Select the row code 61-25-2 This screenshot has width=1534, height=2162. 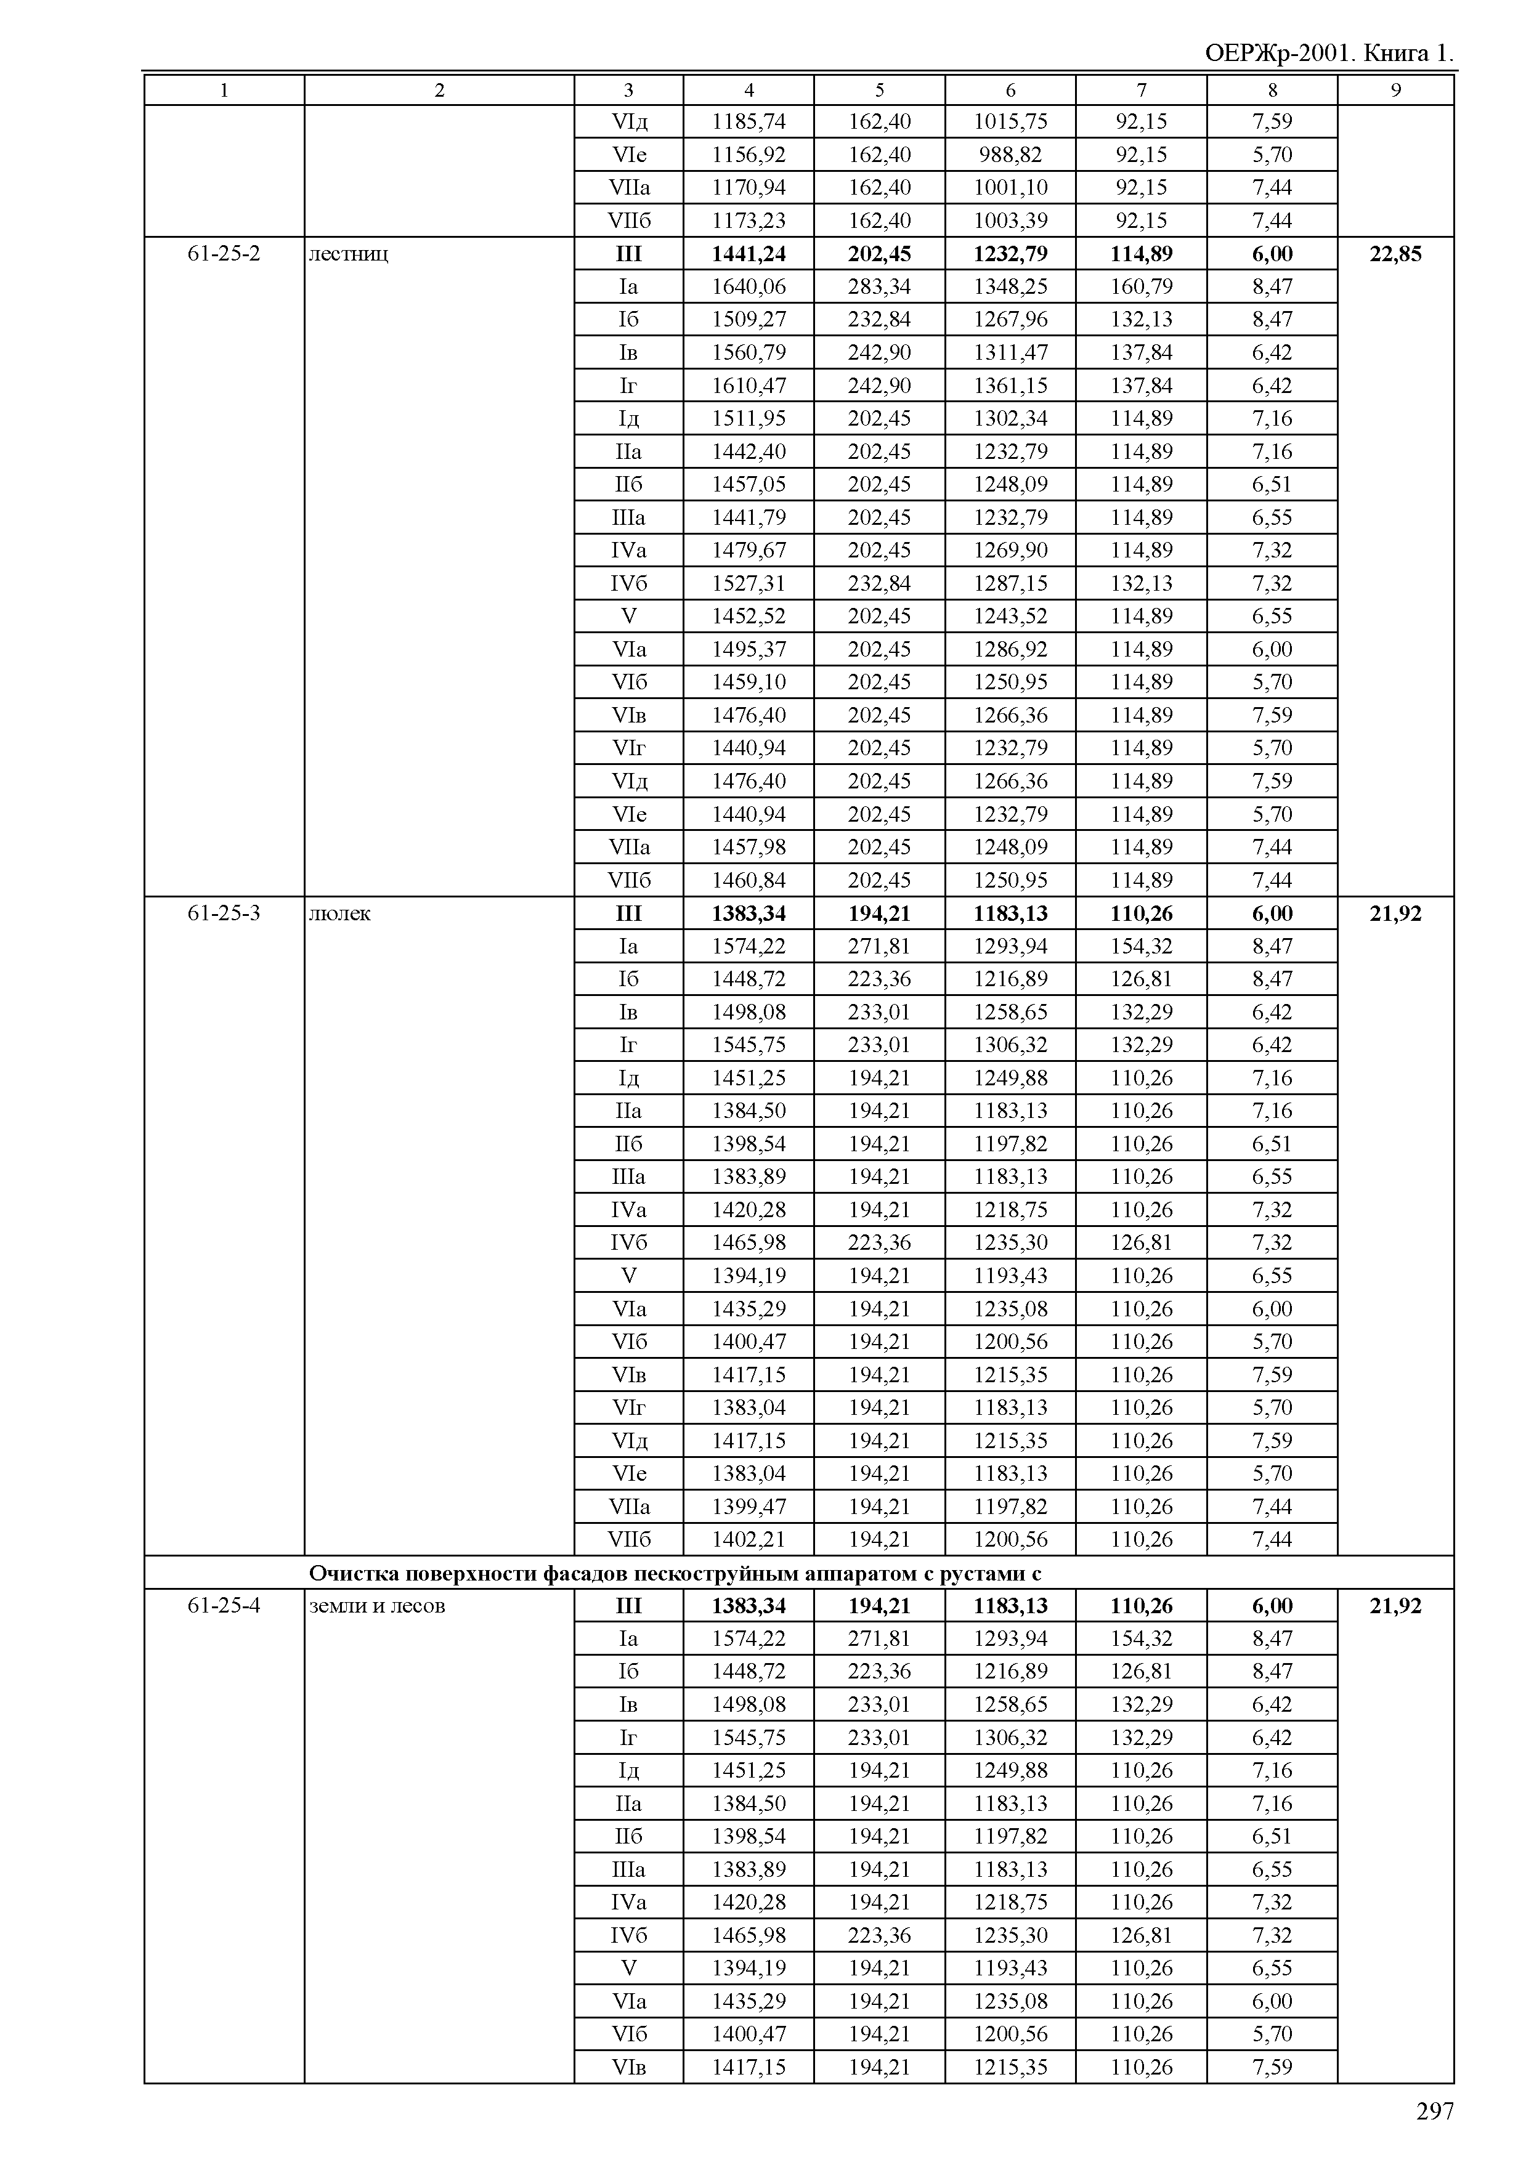(x=224, y=253)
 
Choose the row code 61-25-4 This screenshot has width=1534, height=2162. (x=224, y=1606)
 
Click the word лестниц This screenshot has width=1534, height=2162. (x=349, y=254)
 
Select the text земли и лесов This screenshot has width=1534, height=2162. (x=377, y=1606)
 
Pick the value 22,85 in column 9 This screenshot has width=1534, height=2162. (x=1395, y=253)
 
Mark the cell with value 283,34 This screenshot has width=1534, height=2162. (x=879, y=286)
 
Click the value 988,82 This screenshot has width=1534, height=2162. (x=1010, y=155)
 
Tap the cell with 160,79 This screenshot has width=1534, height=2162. (x=1141, y=286)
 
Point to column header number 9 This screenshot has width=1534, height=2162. (x=1395, y=91)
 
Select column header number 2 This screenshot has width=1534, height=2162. (x=439, y=91)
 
